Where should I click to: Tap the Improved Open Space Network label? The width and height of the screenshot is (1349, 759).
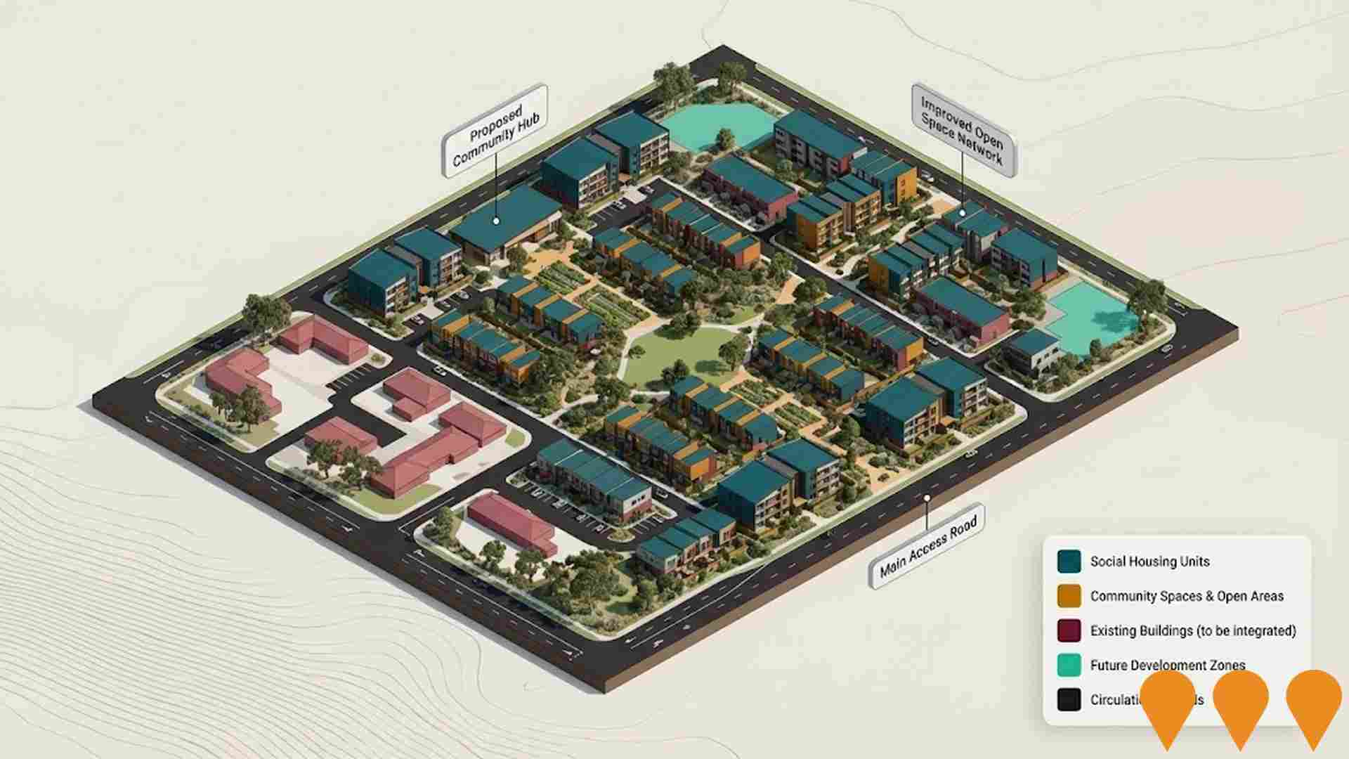pyautogui.click(x=963, y=131)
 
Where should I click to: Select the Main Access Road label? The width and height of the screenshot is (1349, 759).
pyautogui.click(x=927, y=546)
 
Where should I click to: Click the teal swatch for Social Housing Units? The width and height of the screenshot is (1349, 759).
pyautogui.click(x=1069, y=562)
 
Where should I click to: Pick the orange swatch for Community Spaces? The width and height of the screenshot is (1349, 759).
pyautogui.click(x=1069, y=596)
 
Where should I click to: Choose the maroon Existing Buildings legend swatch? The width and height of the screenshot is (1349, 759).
pyautogui.click(x=1069, y=630)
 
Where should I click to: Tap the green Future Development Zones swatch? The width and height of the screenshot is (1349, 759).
pyautogui.click(x=1069, y=665)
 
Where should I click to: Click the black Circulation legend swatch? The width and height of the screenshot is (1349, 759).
pyautogui.click(x=1069, y=699)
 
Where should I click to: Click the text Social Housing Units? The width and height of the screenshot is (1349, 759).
pyautogui.click(x=1149, y=562)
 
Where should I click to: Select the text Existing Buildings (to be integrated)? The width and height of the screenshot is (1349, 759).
pyautogui.click(x=1192, y=630)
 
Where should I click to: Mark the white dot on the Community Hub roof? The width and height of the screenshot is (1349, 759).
pyautogui.click(x=496, y=221)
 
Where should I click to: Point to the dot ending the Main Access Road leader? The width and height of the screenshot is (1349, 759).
pyautogui.click(x=927, y=498)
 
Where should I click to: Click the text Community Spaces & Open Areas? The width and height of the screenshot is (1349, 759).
pyautogui.click(x=1186, y=596)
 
